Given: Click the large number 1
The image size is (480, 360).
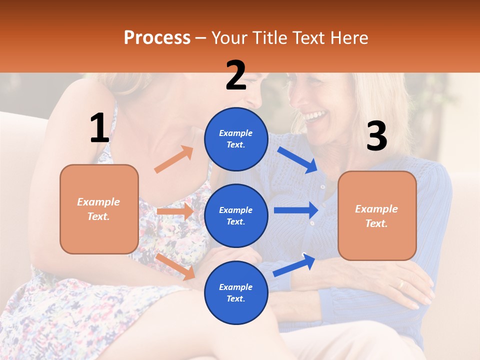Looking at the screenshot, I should (99, 128).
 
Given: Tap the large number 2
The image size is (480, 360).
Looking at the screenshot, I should (236, 75).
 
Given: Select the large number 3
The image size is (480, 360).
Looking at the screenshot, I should (376, 136).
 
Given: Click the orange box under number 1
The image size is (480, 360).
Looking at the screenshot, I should (99, 209).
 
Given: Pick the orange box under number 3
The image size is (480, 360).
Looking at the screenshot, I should (377, 216).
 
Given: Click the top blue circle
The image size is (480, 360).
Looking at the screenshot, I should (236, 139).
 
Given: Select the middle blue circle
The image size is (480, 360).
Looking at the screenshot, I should (236, 215).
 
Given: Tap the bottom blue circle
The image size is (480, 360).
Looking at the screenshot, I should (236, 292).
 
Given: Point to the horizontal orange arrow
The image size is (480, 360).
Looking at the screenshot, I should (175, 211).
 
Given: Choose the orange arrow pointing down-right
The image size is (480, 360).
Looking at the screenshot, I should (175, 266).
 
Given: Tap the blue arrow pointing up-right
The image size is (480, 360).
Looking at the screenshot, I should (294, 264).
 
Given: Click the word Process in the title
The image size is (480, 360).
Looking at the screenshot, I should (157, 37).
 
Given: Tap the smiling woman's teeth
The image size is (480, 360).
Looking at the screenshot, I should (315, 117).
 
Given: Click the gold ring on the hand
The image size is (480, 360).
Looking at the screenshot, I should (400, 284).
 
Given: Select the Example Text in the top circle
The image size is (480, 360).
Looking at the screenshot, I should (236, 139).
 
